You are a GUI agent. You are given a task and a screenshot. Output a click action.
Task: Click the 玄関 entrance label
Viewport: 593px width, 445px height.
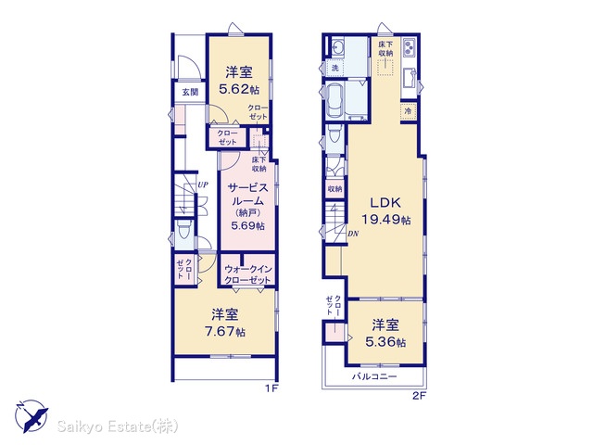[x=190, y=92]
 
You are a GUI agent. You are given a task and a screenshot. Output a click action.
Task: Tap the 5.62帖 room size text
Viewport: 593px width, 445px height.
[x=239, y=89]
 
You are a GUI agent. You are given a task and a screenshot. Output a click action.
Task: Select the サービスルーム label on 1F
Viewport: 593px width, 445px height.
[x=247, y=194]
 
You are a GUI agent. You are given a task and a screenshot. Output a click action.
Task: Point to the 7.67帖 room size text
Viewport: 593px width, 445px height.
[x=224, y=332]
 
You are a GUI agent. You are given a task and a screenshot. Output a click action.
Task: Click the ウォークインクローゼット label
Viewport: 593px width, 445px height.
[x=248, y=274]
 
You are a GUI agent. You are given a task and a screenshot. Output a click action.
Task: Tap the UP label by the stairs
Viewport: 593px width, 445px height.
[x=203, y=185]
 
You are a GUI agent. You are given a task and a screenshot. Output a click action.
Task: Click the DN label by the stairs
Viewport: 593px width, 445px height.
[x=352, y=234]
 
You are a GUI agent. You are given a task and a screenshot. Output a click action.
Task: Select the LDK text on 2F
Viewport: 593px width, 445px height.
[x=385, y=203]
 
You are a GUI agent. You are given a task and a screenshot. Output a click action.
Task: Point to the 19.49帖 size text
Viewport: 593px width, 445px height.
[x=385, y=220]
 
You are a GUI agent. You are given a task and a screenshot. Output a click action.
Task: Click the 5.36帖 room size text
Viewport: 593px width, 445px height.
[x=385, y=342]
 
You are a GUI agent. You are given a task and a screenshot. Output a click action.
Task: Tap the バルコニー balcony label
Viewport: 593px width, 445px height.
[x=374, y=376]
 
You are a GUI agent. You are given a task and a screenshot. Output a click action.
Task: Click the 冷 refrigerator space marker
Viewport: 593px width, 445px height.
[x=408, y=111]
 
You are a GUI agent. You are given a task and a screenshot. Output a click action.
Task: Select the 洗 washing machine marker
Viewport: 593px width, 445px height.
[x=335, y=68]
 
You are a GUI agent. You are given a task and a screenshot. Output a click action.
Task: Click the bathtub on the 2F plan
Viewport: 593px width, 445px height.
[x=335, y=100]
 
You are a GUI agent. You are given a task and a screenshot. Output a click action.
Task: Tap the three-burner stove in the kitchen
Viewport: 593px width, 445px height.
[x=409, y=47]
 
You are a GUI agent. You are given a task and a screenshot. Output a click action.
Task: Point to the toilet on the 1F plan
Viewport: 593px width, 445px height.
[x=184, y=229]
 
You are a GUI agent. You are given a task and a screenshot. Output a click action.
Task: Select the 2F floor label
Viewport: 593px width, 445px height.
[x=420, y=396]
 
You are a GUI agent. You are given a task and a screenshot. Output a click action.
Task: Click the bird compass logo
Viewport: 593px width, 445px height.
[x=32, y=416]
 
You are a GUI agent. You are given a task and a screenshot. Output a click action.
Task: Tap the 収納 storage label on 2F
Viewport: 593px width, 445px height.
[x=335, y=188]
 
